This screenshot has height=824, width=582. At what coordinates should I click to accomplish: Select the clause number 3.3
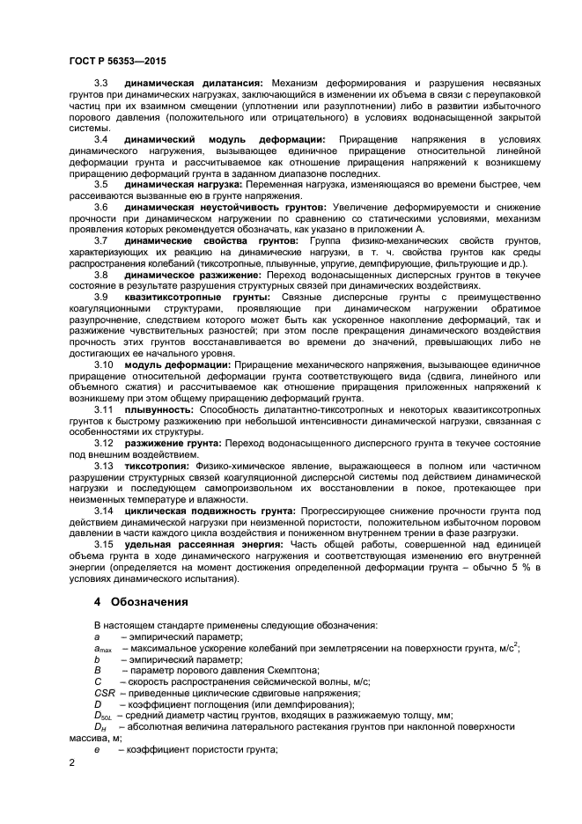tap(101, 82)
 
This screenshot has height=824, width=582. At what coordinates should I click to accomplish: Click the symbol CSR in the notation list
tap(104, 693)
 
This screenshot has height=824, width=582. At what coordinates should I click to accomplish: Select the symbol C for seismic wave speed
tap(99, 681)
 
